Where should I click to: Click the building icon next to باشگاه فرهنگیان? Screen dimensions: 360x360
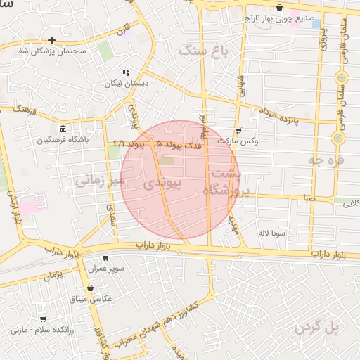click(x=63, y=129)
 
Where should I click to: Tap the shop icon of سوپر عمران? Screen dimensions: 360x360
click(x=105, y=258)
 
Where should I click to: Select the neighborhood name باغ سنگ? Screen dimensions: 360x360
click(x=205, y=51)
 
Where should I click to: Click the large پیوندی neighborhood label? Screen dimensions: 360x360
click(x=163, y=184)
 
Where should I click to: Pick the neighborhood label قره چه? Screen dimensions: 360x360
click(x=323, y=160)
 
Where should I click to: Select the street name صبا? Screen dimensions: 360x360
click(x=309, y=199)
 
